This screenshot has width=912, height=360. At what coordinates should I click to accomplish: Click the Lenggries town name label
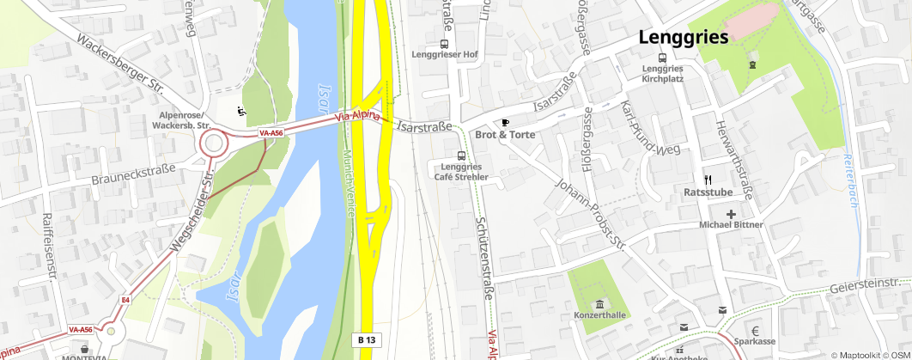pos(683,37)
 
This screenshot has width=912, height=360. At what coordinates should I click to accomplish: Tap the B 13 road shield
pos(366,340)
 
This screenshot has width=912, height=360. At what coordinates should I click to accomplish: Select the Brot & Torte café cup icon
pos(506,121)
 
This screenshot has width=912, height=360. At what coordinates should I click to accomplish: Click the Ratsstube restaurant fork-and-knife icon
pos(708,180)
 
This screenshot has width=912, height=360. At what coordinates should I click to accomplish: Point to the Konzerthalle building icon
pos(599,304)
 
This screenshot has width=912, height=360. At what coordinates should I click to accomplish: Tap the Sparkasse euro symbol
pos(755,331)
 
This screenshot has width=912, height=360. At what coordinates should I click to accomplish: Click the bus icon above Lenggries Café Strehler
pos(461,156)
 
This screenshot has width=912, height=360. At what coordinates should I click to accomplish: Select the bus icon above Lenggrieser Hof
pos(444,43)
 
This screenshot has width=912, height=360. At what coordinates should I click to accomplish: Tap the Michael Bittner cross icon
pos(731,213)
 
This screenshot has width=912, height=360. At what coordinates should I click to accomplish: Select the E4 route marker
pos(125,300)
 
